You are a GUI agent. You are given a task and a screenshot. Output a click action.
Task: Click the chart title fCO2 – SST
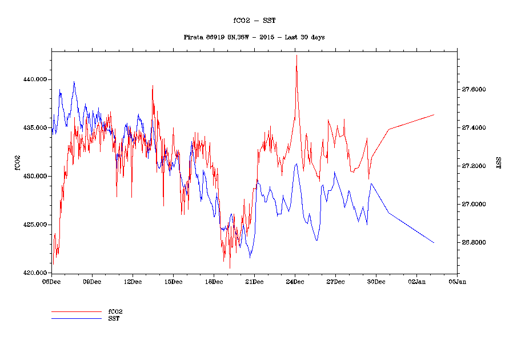254,21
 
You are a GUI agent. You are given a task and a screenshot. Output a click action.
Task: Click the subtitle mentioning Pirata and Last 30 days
254,37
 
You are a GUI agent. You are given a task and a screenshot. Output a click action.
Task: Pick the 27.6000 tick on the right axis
474,90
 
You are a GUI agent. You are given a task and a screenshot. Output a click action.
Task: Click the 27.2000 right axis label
474,166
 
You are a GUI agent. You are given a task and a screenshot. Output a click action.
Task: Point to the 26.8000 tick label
474,243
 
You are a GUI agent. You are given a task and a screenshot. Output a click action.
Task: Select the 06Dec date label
51,282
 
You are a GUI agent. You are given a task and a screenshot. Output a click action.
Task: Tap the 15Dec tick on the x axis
173,282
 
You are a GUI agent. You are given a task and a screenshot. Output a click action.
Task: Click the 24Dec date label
295,282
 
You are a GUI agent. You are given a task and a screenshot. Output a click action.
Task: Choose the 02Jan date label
416,282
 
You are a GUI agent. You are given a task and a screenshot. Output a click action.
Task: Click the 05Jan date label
457,282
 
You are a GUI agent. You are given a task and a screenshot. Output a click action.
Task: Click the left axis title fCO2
17,162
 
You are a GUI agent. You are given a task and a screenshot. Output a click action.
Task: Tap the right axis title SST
498,162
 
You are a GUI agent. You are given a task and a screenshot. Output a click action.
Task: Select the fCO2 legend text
115,312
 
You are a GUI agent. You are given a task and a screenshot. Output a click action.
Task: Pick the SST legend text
114,318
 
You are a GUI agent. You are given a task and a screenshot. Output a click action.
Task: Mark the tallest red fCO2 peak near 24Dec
296,55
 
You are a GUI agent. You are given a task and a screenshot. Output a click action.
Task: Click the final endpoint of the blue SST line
434,243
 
